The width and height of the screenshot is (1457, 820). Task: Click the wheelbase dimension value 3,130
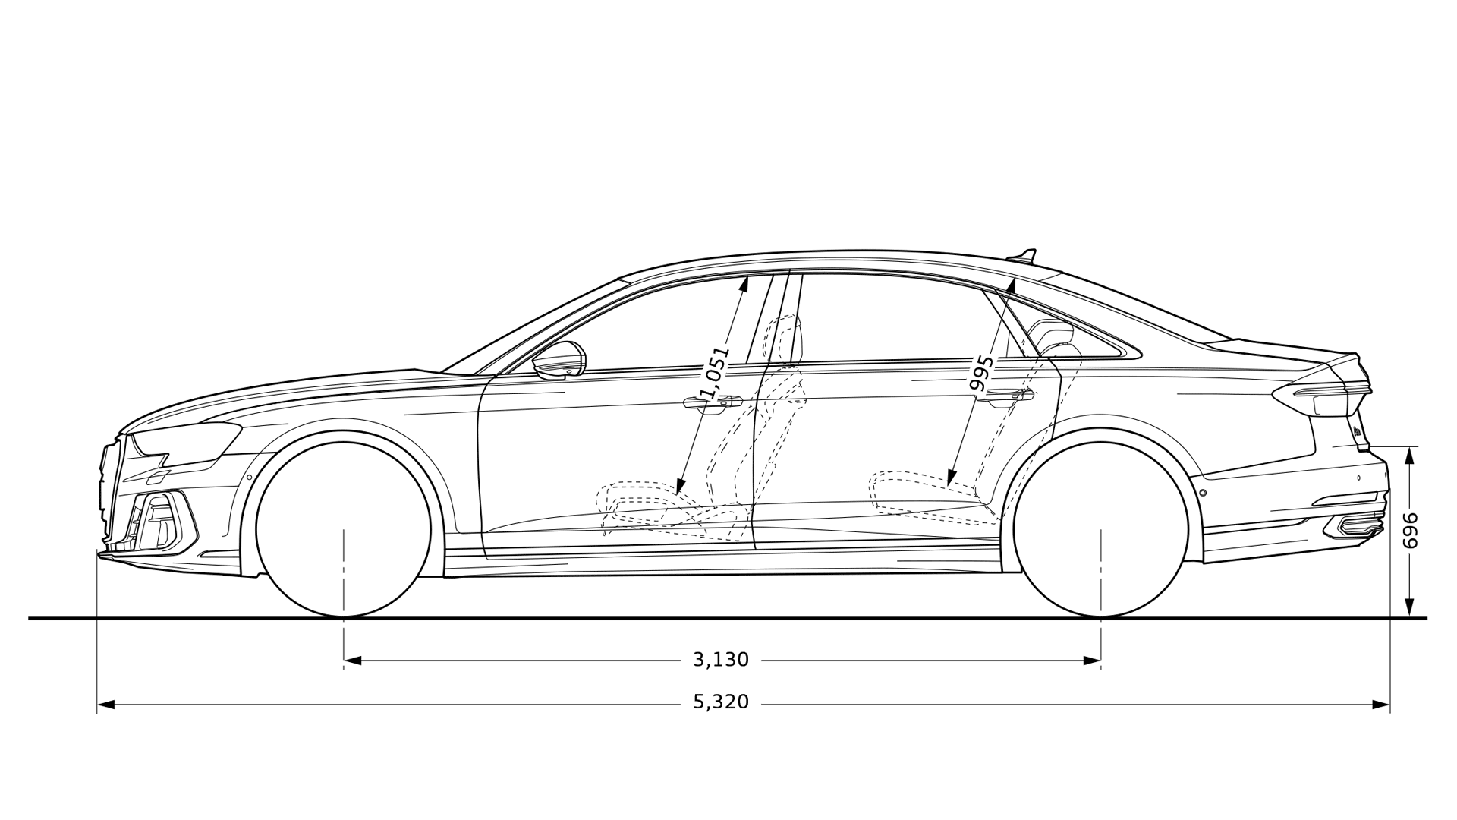coord(721,660)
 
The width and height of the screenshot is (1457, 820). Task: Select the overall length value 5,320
coord(721,702)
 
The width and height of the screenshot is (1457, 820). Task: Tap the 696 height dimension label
coord(1410,531)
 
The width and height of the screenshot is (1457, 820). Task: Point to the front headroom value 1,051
coord(714,374)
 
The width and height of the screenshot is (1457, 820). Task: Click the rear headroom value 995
coord(982,373)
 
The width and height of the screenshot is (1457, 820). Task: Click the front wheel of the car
coord(344,530)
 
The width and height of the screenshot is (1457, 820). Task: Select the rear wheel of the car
coord(1100,530)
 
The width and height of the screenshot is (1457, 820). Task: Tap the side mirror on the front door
coord(560,361)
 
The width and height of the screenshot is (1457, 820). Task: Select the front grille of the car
coord(111,486)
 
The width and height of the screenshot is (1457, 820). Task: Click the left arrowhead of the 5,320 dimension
coord(106,705)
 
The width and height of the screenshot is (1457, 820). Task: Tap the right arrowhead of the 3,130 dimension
coord(1093,661)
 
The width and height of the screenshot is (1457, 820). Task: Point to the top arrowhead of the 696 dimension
coord(1410,454)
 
